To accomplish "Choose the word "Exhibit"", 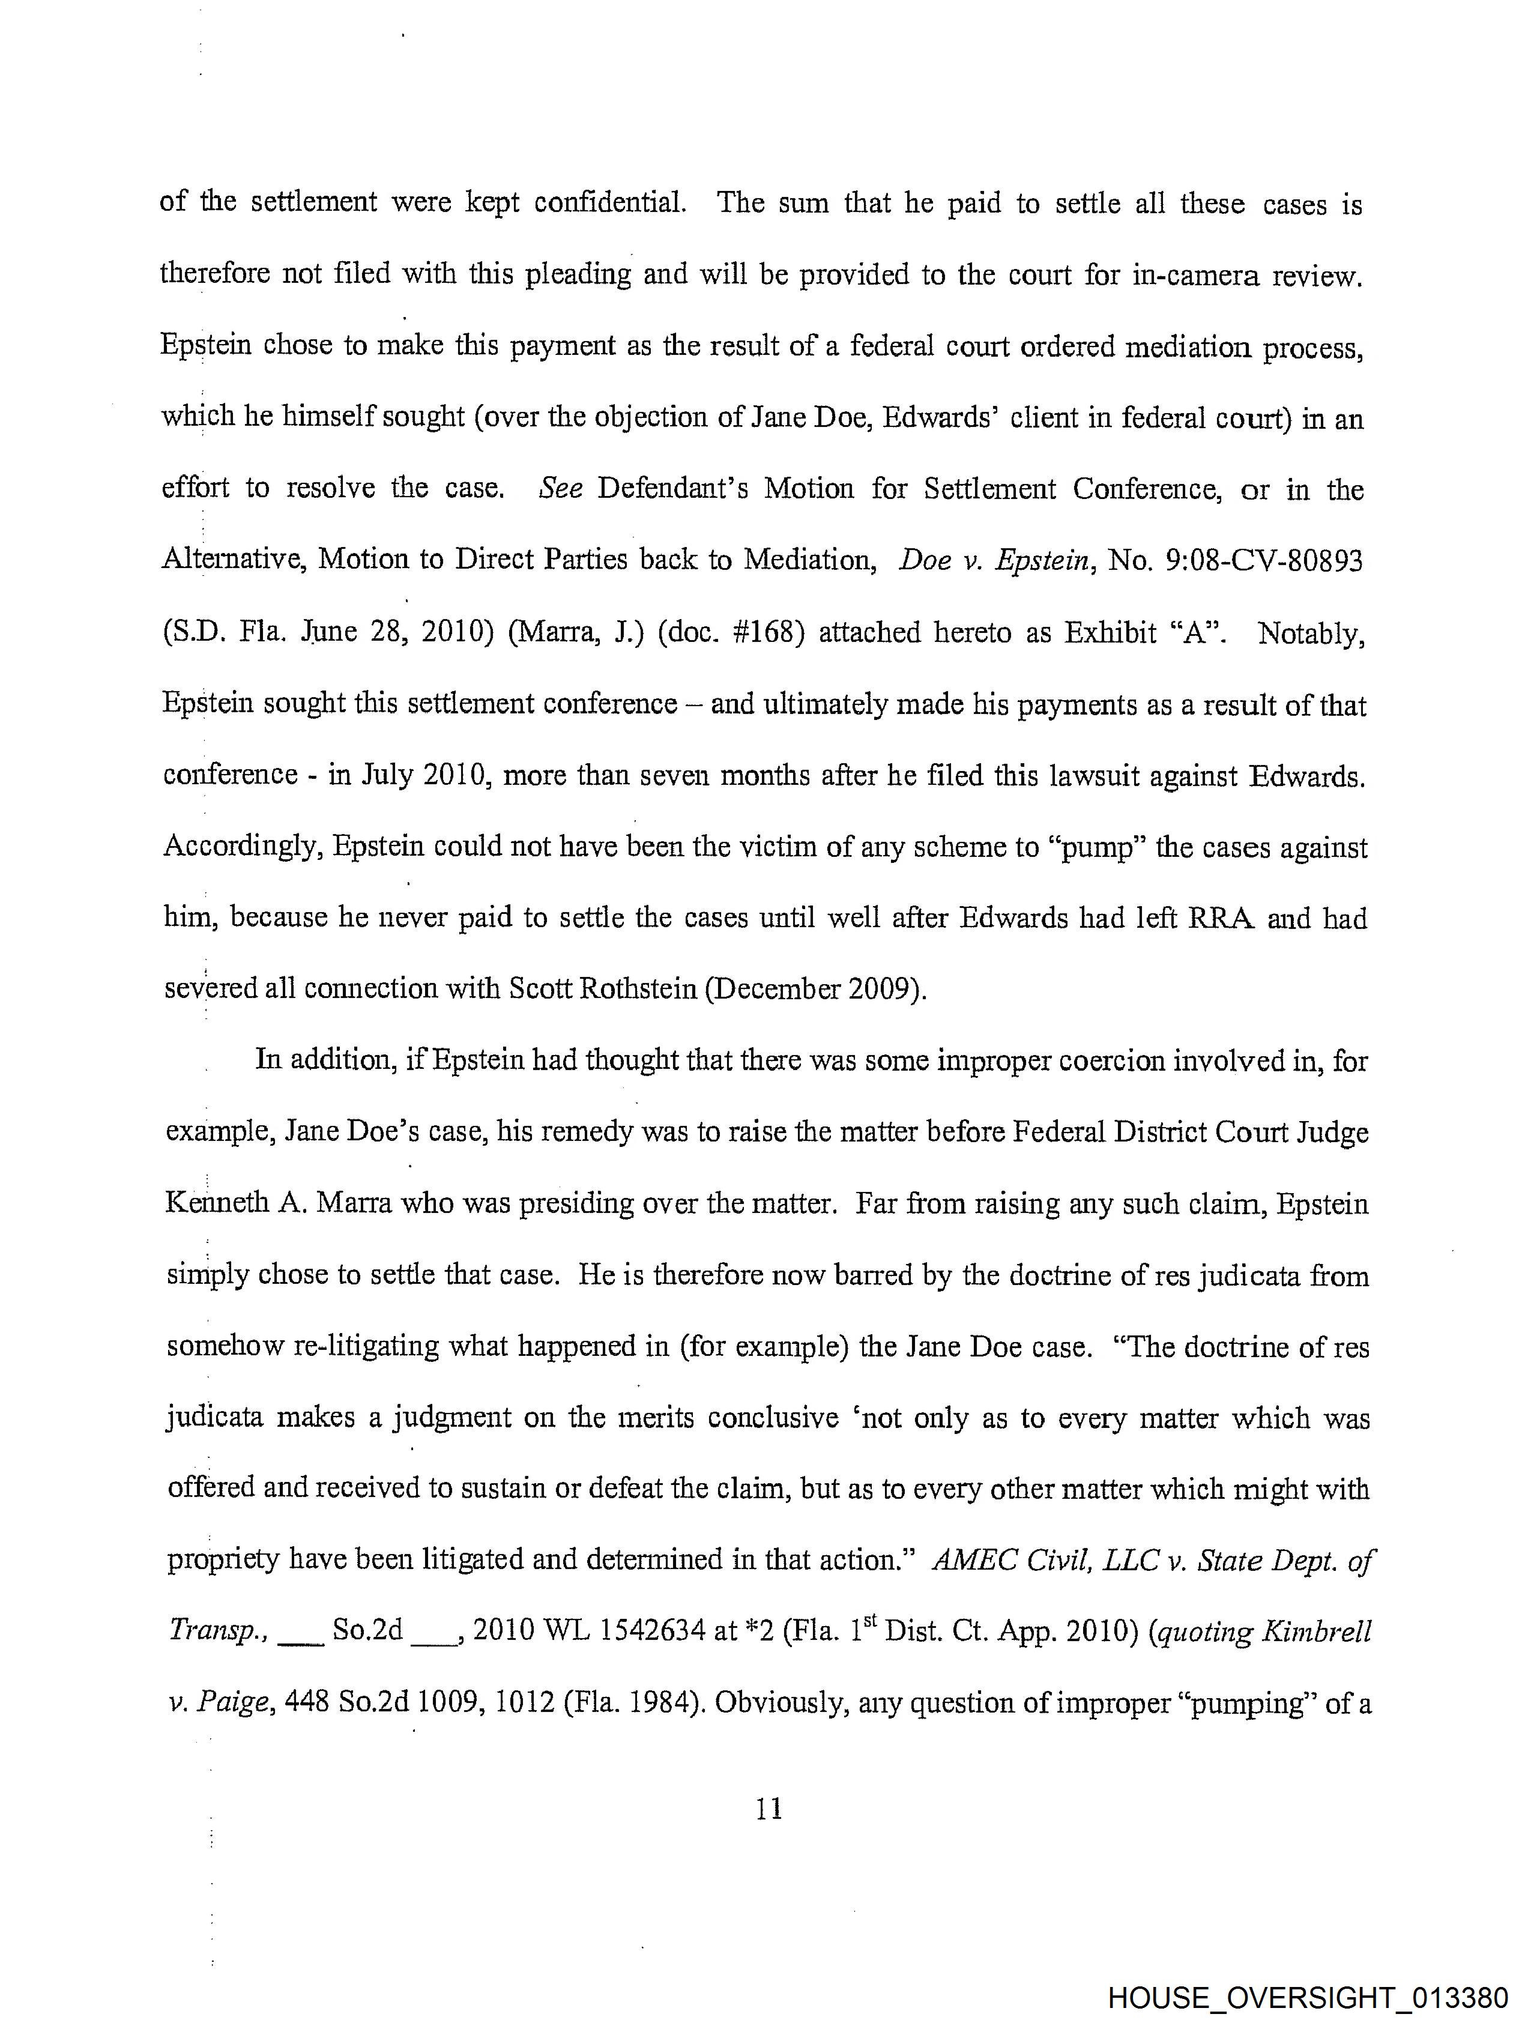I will (x=1110, y=632).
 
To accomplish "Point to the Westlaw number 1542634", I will (x=640, y=1631).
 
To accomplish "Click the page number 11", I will (x=769, y=1809).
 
